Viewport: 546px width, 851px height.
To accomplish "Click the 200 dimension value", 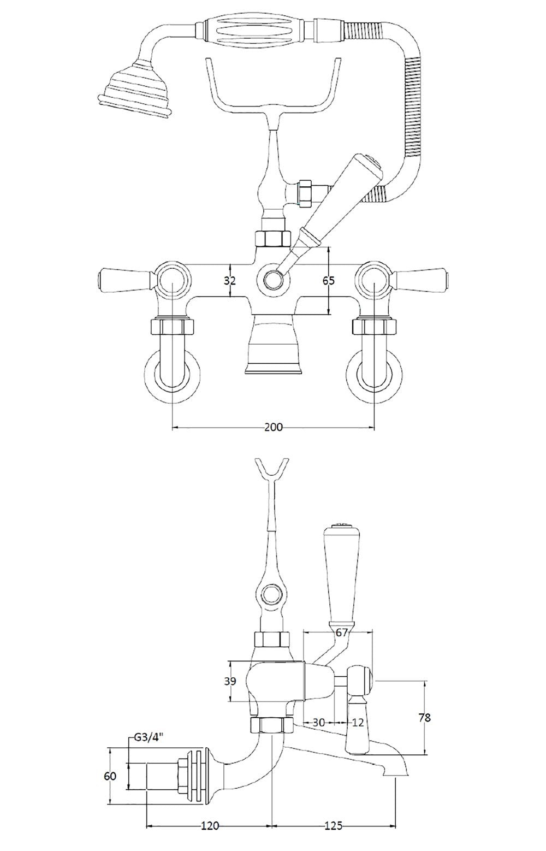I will pos(273,427).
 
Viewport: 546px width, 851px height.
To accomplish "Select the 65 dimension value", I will pos(328,281).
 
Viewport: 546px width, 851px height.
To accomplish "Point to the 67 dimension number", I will pos(342,633).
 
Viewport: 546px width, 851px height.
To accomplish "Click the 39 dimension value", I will pos(230,682).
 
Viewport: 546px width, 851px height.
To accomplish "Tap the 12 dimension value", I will pos(358,722).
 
